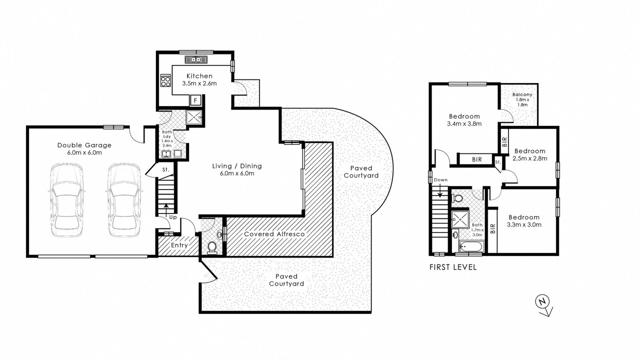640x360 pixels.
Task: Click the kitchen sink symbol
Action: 196,59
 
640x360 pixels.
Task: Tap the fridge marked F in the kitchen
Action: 195,100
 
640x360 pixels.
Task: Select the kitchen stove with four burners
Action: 165,80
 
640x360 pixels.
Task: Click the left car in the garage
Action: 66,200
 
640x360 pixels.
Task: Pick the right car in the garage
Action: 124,200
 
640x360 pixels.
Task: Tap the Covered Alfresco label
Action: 274,234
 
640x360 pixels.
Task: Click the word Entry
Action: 179,245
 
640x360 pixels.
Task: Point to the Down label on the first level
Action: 440,179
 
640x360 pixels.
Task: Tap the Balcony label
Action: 522,94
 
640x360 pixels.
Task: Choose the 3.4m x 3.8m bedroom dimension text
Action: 464,123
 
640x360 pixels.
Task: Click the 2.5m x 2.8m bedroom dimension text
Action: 530,158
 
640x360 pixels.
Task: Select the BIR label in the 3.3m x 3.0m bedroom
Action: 492,228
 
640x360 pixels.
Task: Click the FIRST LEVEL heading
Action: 453,267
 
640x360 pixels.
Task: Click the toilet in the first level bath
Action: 457,198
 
